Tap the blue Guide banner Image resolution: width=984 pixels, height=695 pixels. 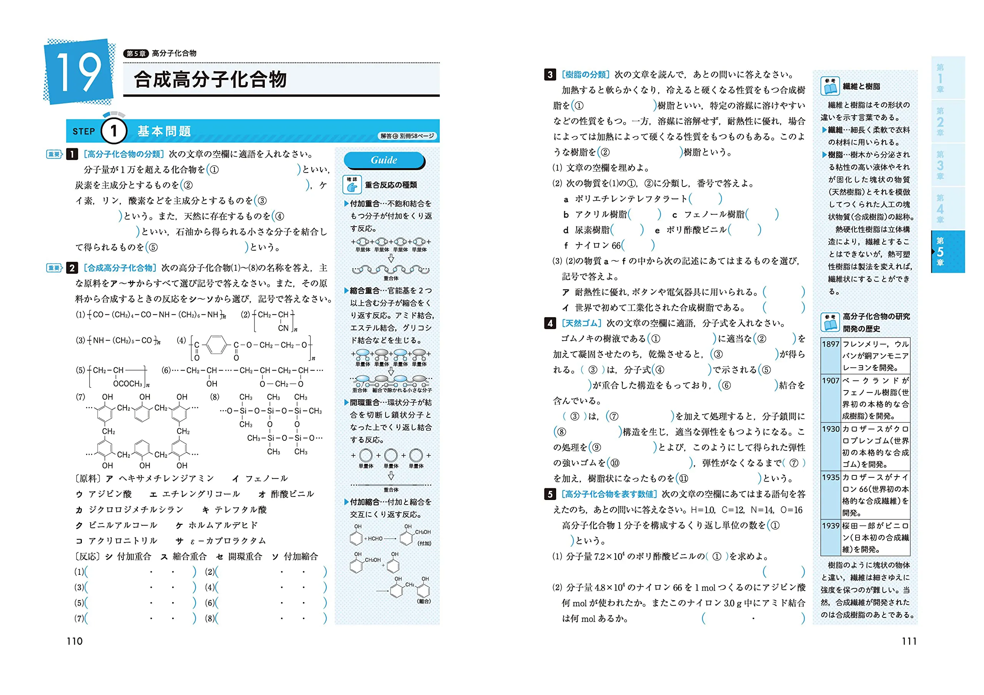[384, 160]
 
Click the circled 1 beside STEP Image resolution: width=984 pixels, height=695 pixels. [113, 131]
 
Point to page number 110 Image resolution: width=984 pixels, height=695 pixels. [75, 641]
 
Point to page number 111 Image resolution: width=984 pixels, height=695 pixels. [909, 641]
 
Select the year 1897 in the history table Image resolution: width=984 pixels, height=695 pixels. [831, 344]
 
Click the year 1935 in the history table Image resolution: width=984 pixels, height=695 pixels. [831, 477]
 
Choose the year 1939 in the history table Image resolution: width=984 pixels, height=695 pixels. [831, 525]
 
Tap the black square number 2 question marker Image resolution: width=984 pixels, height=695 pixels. [72, 268]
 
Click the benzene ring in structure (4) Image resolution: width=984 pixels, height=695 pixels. [216, 345]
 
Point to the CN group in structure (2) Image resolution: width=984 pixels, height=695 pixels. [283, 328]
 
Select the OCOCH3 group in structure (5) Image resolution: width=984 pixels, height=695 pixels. [128, 384]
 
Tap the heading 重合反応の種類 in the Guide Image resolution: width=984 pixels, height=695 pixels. [391, 185]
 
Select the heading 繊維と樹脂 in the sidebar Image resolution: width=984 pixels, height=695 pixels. [861, 86]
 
